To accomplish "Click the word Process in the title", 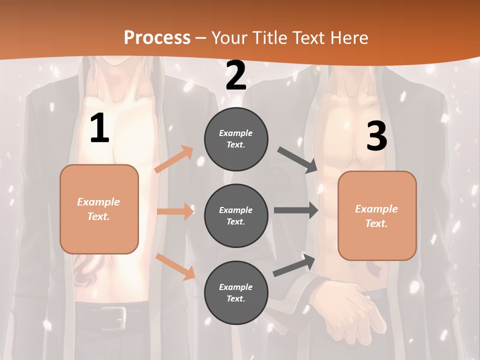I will (157, 37).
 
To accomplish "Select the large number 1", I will (99, 128).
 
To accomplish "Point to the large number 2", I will (236, 76).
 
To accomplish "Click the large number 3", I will (376, 136).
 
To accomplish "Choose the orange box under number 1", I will (99, 209).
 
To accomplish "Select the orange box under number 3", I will (377, 215).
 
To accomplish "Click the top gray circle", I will (236, 139).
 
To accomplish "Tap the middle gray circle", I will (236, 215).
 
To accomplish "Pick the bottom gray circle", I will (236, 292).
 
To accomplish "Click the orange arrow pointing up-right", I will (174, 159).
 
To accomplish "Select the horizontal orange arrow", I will (175, 211).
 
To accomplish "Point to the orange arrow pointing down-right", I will (175, 266).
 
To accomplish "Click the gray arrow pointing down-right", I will (298, 160).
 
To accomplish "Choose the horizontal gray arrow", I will (295, 210).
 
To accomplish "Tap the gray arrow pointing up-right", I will (294, 265).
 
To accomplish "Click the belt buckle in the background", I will (115, 316).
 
